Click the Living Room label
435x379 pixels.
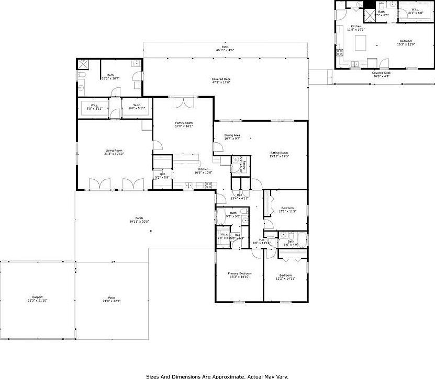point(114,151)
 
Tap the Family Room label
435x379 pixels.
point(184,123)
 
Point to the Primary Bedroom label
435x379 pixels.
point(239,273)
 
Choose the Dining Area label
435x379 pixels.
point(232,135)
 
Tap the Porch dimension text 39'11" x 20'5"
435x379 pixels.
point(139,222)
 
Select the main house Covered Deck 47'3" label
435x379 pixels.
point(221,79)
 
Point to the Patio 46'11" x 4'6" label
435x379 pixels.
point(225,48)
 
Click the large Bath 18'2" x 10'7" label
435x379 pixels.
point(110,75)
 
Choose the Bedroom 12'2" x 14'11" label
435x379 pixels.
point(285,275)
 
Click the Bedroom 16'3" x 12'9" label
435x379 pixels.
point(406,41)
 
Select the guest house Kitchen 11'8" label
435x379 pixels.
point(356,26)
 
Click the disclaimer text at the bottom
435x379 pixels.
point(217,375)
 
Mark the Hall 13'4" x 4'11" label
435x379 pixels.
point(239,196)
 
